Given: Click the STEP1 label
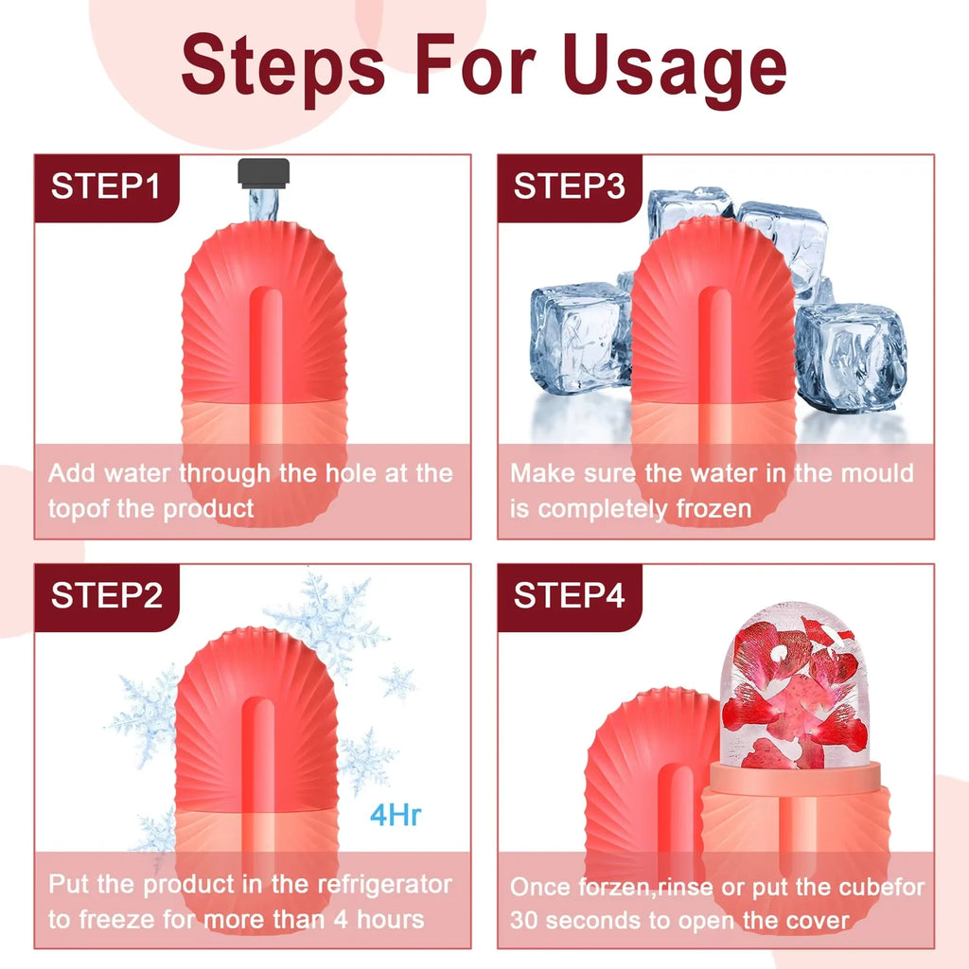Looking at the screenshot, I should coord(106,186).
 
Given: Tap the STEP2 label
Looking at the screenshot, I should coord(106,596).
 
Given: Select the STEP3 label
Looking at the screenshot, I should coord(569,186).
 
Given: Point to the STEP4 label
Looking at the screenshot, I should coord(569,596).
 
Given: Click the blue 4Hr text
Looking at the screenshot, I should coord(395,815).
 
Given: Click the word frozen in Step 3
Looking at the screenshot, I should coord(714,508).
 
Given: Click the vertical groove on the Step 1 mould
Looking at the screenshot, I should coord(268,350).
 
